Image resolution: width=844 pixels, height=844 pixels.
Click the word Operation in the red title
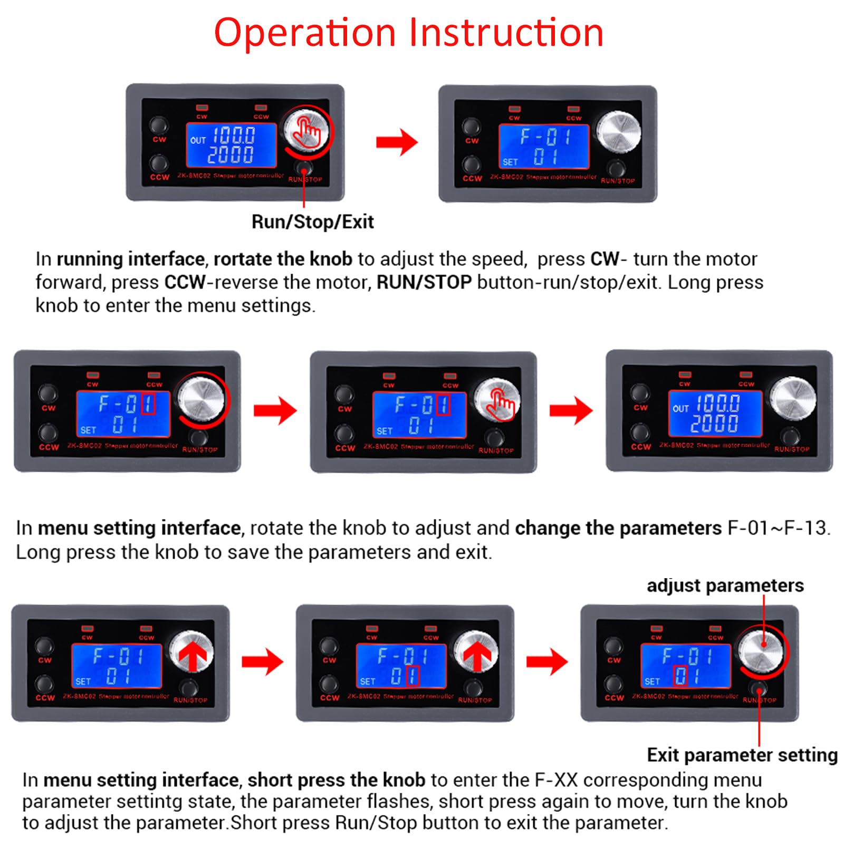click(305, 33)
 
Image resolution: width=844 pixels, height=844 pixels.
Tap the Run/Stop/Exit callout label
click(312, 222)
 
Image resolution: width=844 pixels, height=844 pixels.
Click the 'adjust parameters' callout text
click(725, 586)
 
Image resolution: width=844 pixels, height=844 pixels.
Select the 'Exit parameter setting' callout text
click(742, 755)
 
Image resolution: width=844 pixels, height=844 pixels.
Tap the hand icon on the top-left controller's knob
click(307, 132)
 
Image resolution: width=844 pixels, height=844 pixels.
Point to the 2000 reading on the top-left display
click(231, 155)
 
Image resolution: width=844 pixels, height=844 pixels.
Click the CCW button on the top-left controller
click(159, 164)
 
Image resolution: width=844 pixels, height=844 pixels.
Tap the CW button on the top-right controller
click(471, 127)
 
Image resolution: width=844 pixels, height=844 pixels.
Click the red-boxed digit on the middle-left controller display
click(149, 404)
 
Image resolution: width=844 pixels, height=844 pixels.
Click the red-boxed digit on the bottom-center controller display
click(413, 676)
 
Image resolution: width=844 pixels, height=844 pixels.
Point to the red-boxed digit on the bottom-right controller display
click(680, 676)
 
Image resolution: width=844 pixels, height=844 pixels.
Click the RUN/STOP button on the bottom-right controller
click(759, 689)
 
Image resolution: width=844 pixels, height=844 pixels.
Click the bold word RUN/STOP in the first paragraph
click(424, 282)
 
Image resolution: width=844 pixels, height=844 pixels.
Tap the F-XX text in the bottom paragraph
click(556, 780)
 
